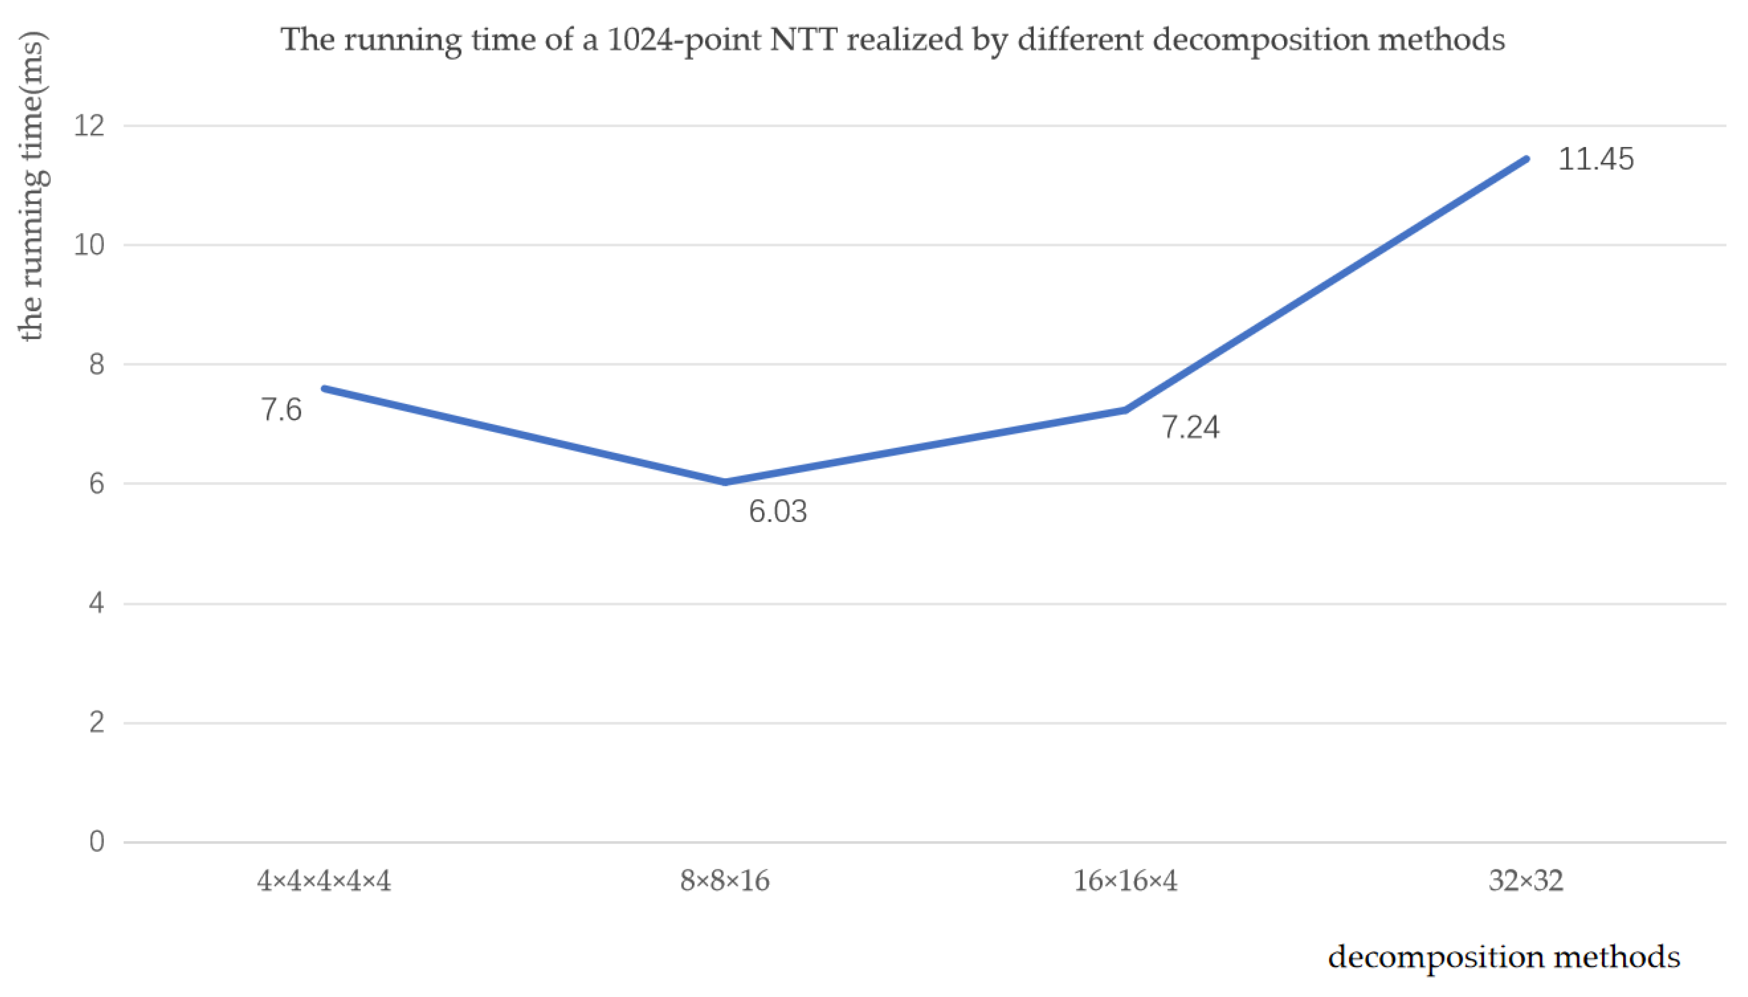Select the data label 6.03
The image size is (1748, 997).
[x=778, y=511]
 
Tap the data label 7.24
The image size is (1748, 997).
[x=1190, y=427]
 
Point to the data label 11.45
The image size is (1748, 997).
[x=1595, y=159]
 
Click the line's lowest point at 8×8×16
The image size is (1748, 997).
[x=725, y=482]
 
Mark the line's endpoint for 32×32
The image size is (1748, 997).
[x=1527, y=159]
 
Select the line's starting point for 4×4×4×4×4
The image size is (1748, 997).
[x=325, y=388]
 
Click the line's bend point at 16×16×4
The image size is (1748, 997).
[x=1126, y=410]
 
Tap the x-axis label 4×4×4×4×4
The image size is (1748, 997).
[x=324, y=881]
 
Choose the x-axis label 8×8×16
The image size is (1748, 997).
[x=724, y=881]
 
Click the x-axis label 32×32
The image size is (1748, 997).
[x=1526, y=881]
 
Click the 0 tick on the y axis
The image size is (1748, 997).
[x=97, y=842]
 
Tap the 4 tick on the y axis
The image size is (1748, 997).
[x=97, y=603]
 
